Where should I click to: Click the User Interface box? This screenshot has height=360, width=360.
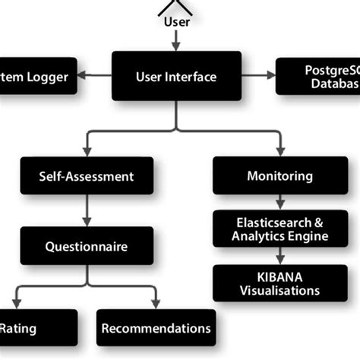pos(176,76)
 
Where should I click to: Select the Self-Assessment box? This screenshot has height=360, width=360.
pos(86,176)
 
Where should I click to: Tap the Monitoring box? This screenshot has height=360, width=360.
pos(279,176)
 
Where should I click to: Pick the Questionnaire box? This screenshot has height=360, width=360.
pos(86,246)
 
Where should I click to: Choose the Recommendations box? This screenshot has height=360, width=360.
pos(156,328)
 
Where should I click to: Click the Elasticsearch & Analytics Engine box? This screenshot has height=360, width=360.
pos(279,229)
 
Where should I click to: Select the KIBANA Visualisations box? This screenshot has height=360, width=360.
pos(279,283)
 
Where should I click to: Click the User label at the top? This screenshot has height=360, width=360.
pos(176,21)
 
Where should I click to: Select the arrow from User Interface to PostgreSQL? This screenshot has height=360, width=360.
pos(259,75)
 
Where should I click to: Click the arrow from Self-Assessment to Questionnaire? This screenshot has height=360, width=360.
pos(86,210)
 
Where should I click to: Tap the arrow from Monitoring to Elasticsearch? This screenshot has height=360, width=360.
pos(279,202)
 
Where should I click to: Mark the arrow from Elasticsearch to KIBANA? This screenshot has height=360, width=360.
pos(279,257)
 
